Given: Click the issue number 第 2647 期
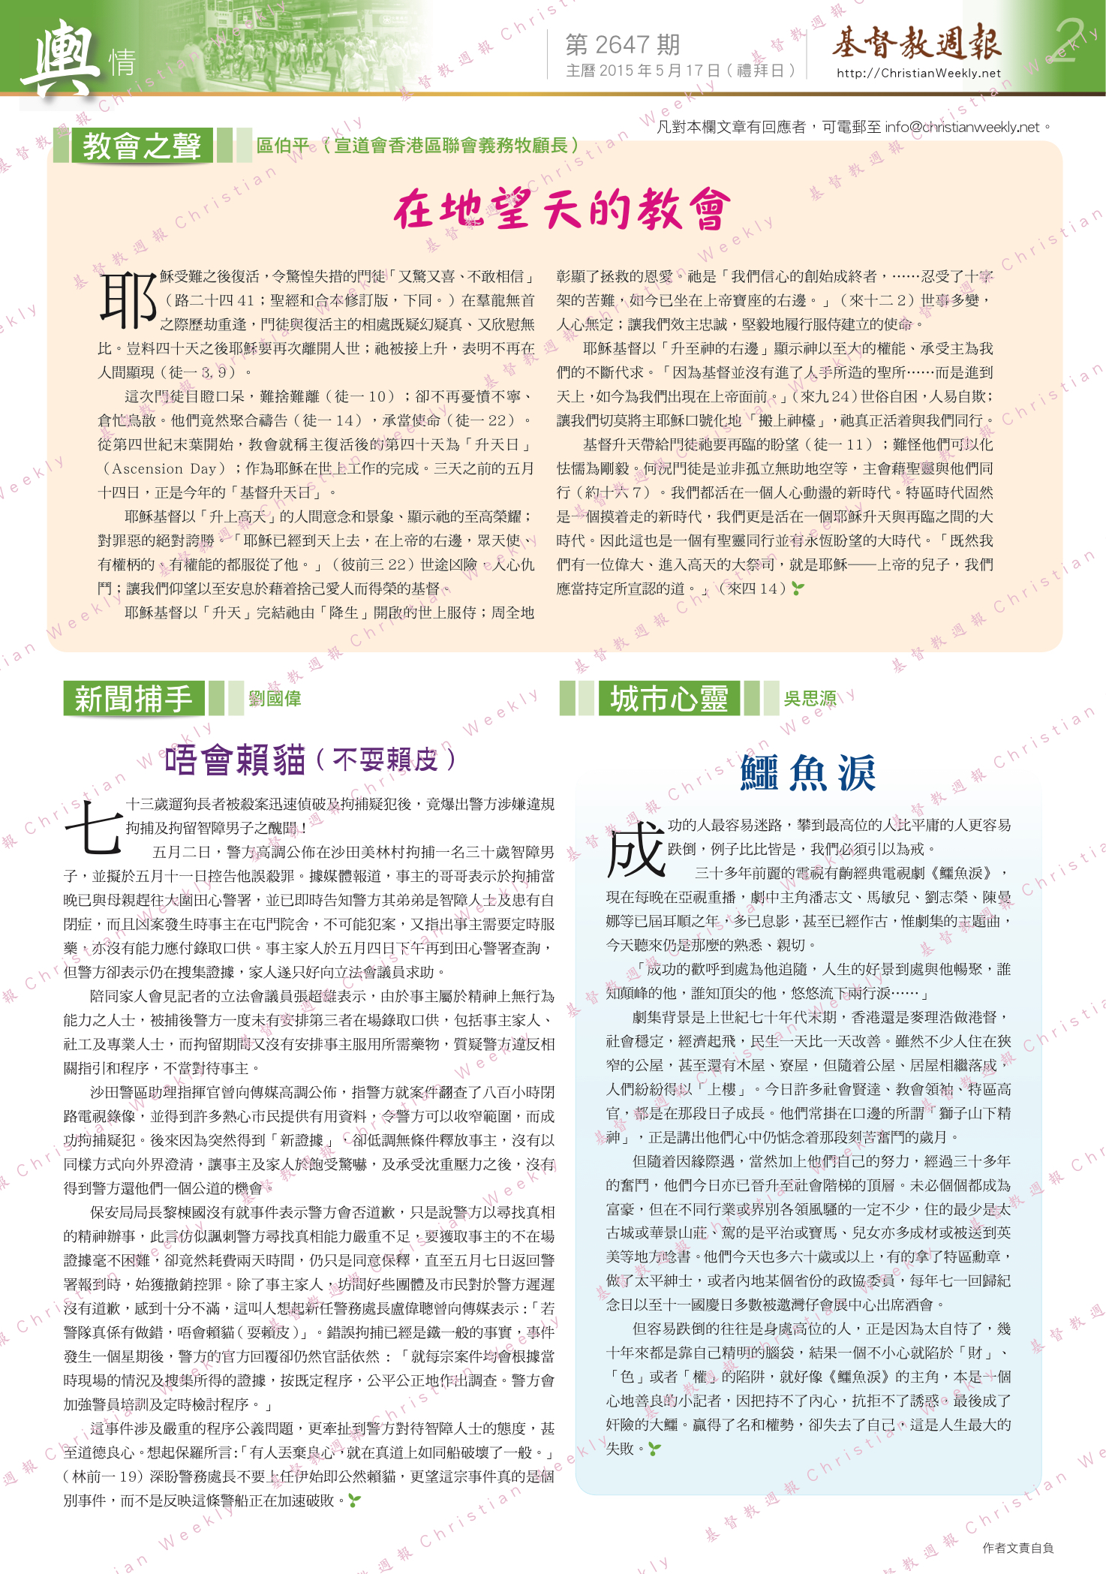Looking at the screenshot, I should [x=622, y=45].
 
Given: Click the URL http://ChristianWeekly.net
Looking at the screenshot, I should [x=918, y=73].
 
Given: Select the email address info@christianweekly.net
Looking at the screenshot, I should [x=962, y=127].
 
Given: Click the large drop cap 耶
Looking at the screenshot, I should [x=128, y=300].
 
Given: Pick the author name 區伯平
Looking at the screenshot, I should [x=282, y=146].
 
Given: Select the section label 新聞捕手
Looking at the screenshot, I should [x=133, y=699].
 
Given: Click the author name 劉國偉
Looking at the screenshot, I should [x=275, y=699].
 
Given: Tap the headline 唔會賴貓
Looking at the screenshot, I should [x=235, y=760].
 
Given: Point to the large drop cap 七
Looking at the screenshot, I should [x=93, y=828].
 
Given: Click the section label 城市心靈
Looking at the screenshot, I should [x=669, y=699].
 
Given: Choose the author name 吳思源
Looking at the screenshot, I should [x=810, y=699].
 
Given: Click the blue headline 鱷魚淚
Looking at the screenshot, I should [x=807, y=773].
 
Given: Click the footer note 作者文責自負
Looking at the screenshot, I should [x=1017, y=1548].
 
